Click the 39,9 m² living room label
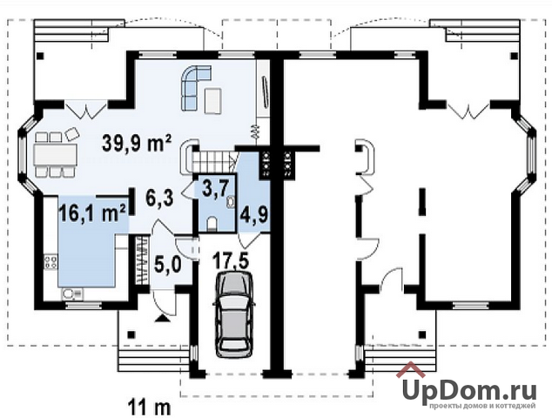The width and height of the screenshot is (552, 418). (137, 143)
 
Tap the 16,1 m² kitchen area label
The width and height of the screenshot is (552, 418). (93, 212)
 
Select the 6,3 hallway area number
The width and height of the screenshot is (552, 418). (159, 199)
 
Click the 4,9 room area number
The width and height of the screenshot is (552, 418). (254, 214)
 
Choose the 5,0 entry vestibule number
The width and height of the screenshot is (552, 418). (168, 264)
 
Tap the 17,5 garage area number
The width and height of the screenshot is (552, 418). (231, 261)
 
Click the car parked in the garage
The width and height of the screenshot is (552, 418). (234, 314)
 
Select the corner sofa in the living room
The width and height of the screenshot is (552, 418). (196, 87)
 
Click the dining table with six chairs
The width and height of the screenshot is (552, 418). (55, 154)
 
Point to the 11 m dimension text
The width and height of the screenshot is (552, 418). (149, 407)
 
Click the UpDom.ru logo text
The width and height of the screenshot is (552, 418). (469, 391)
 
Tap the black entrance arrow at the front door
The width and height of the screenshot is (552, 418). (162, 318)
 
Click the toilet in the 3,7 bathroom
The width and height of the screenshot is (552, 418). (212, 224)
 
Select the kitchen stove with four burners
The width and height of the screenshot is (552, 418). (50, 262)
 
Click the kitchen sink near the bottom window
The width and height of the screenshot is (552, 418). (71, 293)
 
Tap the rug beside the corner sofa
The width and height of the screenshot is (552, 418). (213, 101)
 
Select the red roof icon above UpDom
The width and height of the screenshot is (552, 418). (412, 369)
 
